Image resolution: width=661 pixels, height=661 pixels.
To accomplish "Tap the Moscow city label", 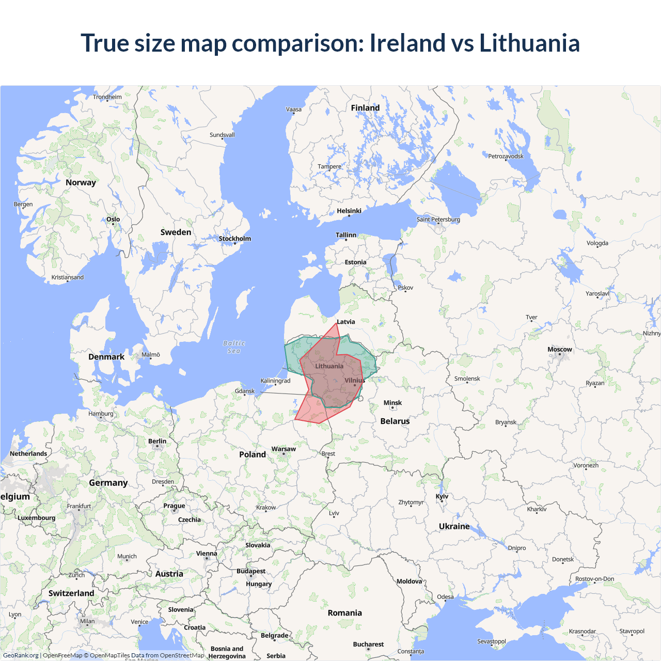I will click(x=560, y=350).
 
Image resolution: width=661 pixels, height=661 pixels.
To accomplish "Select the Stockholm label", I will click(x=234, y=239).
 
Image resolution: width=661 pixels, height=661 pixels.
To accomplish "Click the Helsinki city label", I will click(x=349, y=211).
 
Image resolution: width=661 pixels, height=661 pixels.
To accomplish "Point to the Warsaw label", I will click(x=284, y=449).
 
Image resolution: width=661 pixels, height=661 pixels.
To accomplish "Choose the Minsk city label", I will click(x=392, y=403).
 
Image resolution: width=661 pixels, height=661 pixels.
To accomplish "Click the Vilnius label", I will click(x=355, y=381).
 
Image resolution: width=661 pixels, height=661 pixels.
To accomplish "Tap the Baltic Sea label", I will click(x=234, y=347).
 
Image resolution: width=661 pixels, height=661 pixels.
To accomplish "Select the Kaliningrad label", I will click(x=275, y=381).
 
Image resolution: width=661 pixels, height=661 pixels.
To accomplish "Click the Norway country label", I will click(x=81, y=182).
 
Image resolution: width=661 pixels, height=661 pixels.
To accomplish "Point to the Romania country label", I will click(x=344, y=613).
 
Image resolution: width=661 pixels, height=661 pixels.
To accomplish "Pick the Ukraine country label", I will click(x=454, y=526).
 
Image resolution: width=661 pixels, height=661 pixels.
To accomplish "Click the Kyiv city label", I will click(x=442, y=496).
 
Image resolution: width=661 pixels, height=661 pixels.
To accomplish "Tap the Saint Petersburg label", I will click(x=438, y=219).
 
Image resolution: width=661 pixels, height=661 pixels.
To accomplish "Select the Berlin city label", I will click(x=157, y=441).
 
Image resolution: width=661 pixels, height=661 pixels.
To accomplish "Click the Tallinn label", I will click(x=346, y=235).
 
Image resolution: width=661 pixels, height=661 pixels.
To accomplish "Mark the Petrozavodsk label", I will click(x=506, y=156).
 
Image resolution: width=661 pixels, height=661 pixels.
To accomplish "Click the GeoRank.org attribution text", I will click(x=21, y=655).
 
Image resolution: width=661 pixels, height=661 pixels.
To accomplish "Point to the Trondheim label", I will click(x=107, y=97).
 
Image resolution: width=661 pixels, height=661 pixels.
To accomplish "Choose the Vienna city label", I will click(x=207, y=554).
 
